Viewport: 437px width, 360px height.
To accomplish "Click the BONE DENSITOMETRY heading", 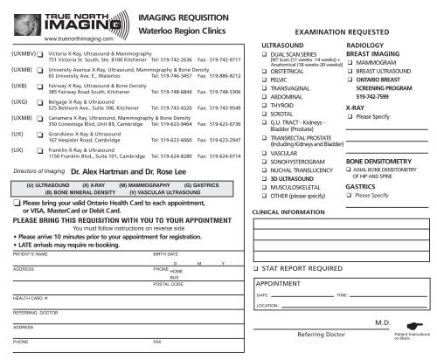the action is [385, 163].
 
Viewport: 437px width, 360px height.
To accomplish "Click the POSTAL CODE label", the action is [169, 285].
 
